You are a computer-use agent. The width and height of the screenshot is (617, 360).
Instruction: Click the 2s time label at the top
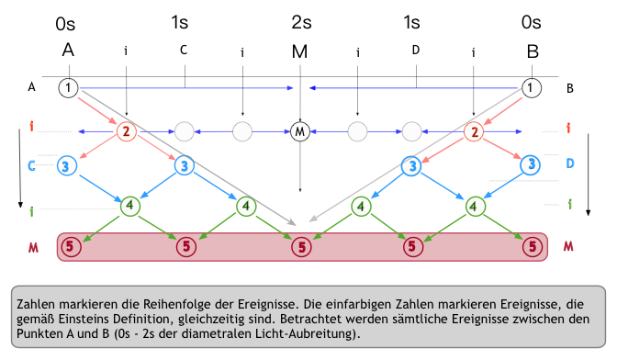pos(299,22)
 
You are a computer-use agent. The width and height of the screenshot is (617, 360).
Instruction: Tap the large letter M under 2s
pos(299,51)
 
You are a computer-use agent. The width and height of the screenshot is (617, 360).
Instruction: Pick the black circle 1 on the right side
pos(530,88)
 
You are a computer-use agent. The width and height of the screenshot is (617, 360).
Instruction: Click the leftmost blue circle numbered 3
pos(68,166)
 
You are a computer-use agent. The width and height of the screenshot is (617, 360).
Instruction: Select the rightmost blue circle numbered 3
pos(530,166)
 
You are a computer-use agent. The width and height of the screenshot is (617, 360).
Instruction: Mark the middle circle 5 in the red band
pos(300,246)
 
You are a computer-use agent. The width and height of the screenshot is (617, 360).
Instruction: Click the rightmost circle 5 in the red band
pos(531,246)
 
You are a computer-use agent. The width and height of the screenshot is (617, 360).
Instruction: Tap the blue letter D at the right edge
pos(570,163)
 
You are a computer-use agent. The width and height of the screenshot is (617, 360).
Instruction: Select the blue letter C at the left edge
pos(31,166)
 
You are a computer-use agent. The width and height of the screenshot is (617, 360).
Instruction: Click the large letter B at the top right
pos(533,51)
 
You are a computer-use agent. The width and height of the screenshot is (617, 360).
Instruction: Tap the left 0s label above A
pos(68,22)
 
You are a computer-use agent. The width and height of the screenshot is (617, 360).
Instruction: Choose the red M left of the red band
pos(31,246)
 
